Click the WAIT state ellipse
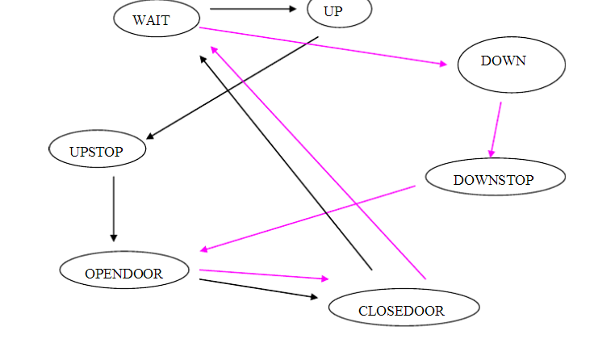click(x=156, y=19)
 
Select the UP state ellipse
click(x=339, y=11)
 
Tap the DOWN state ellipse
click(x=511, y=65)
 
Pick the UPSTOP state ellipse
click(x=97, y=150)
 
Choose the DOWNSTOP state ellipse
click(x=495, y=178)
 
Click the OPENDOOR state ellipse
click(x=124, y=271)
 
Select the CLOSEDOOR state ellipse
click(x=404, y=308)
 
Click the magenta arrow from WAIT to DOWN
click(x=323, y=46)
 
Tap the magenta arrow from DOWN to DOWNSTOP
click(x=496, y=129)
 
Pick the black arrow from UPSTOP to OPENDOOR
click(x=114, y=208)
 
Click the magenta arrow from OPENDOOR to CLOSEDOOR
click(x=263, y=274)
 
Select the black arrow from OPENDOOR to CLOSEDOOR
click(x=258, y=288)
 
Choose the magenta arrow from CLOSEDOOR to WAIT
click(x=318, y=161)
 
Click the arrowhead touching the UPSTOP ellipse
click(x=150, y=137)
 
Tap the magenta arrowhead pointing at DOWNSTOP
click(x=491, y=153)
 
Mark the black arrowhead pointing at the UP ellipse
click(x=293, y=10)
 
